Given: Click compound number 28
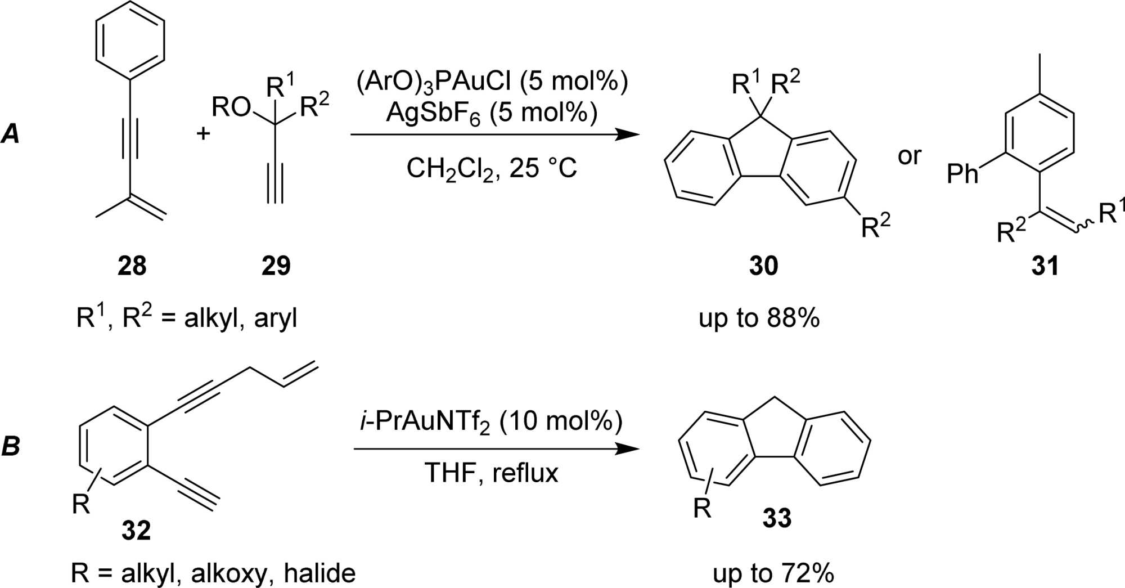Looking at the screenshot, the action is [x=132, y=266].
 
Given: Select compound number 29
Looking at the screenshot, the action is [x=276, y=266].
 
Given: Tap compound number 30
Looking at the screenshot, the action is [x=763, y=266].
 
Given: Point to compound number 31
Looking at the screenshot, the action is [x=1045, y=266].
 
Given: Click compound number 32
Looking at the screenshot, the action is [x=136, y=530].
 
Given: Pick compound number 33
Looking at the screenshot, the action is [x=777, y=518].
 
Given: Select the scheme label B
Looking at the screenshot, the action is [x=11, y=446].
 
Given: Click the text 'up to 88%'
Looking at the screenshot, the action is [x=759, y=318].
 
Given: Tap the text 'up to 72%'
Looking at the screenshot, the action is [x=773, y=573].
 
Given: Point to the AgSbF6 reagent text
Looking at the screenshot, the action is [x=491, y=114].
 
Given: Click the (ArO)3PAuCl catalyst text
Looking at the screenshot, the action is [x=492, y=82].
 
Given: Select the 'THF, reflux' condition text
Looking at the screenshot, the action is [x=491, y=473].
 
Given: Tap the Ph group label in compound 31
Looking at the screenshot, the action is [x=962, y=174].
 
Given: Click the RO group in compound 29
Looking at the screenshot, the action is [x=231, y=107].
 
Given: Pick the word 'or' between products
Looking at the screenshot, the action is [x=910, y=156].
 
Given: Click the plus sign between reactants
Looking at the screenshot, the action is [x=203, y=134].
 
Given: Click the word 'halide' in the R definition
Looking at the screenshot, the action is [x=319, y=573].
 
